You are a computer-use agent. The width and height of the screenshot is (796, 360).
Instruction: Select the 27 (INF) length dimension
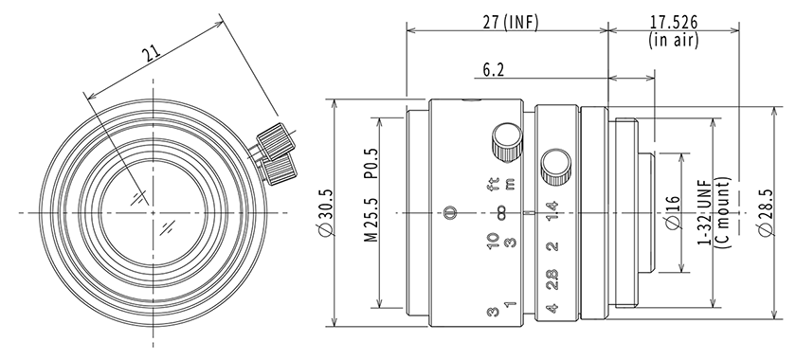(508, 23)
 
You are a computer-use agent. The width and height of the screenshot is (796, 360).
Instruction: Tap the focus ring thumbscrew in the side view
(503, 144)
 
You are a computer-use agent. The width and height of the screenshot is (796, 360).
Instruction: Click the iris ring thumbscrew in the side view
(553, 168)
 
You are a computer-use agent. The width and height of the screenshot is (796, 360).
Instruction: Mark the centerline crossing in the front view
(153, 213)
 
